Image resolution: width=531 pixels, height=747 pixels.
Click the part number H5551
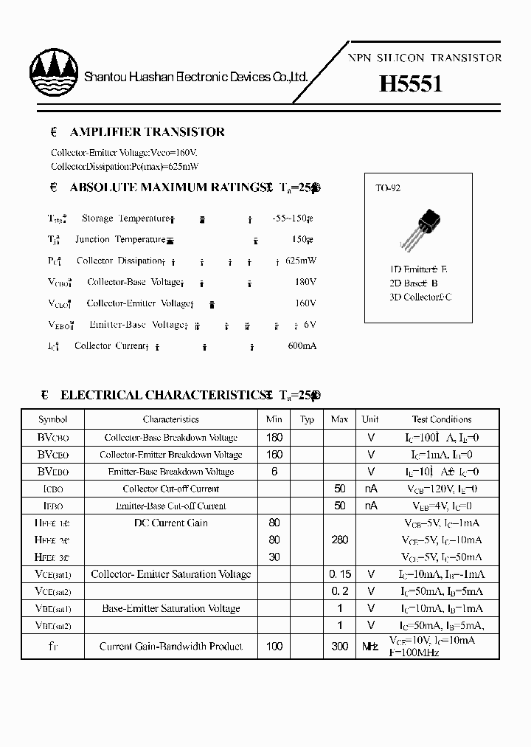[x=411, y=84]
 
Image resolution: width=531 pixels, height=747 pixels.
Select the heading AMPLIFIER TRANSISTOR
[x=147, y=132]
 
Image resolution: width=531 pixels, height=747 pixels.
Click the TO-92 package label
[x=388, y=188]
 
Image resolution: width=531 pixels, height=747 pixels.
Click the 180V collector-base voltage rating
[x=305, y=282]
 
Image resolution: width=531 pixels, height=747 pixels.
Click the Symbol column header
[x=53, y=419]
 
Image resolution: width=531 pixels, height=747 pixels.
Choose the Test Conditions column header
[x=442, y=419]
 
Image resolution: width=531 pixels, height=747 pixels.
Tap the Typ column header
[x=307, y=419]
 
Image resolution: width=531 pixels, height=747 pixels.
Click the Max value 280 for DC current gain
[x=339, y=540]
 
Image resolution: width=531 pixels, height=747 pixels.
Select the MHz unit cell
[x=370, y=647]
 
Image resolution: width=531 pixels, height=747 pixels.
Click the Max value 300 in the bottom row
[x=339, y=647]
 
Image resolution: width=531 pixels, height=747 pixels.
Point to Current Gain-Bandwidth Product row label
[x=171, y=647]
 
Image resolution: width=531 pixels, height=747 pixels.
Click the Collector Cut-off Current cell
[x=171, y=489]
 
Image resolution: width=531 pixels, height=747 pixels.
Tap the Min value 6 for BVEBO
[x=274, y=472]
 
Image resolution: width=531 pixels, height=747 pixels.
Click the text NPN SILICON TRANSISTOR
[x=424, y=58]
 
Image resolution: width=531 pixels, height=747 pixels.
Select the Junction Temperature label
[x=120, y=240]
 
